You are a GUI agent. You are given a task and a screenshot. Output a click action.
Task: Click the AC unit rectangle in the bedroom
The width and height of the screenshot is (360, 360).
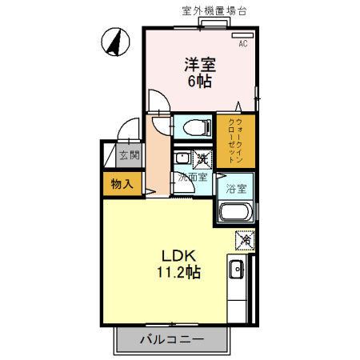(242, 36)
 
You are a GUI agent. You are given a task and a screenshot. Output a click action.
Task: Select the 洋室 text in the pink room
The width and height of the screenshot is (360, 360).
(200, 63)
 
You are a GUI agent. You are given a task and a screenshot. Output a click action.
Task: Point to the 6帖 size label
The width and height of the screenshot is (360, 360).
(200, 81)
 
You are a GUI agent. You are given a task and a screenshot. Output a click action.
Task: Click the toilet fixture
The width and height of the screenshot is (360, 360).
(191, 126)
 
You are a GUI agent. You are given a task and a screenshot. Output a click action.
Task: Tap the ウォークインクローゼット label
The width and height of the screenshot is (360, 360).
(235, 141)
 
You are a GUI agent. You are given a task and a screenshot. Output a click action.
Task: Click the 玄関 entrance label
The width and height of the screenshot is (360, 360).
(129, 155)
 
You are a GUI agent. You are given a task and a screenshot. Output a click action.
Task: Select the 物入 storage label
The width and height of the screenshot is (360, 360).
(122, 184)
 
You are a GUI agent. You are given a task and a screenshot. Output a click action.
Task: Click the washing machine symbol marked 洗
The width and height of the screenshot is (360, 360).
(203, 158)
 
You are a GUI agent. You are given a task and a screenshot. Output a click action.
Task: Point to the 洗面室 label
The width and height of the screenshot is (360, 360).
(193, 176)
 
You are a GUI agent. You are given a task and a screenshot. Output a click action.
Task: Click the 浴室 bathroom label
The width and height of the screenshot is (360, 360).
(235, 190)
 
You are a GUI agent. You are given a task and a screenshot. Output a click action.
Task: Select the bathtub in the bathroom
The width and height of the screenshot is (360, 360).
(235, 212)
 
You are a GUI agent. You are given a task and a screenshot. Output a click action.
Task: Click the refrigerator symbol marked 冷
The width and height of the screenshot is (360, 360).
(245, 239)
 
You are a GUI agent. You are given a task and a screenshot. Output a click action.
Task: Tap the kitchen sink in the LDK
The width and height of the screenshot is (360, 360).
(238, 270)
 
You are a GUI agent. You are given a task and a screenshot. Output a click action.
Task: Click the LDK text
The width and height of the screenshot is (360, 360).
(178, 256)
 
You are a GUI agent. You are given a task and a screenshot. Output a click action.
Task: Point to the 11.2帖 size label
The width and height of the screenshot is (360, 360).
(178, 273)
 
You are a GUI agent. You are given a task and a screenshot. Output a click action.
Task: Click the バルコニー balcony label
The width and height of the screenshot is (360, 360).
(172, 339)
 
